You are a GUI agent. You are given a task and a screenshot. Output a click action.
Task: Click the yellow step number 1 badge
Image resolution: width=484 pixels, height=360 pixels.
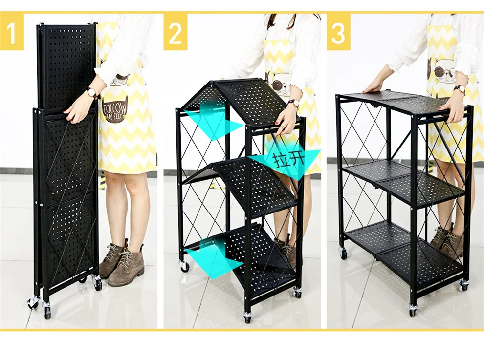point(12,32)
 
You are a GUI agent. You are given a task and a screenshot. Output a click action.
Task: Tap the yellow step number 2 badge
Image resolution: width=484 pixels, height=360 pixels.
point(176,32)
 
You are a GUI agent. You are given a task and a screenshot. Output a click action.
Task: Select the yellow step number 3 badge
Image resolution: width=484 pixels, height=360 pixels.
point(339,32)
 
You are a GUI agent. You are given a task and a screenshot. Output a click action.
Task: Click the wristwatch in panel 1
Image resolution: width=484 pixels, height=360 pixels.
point(92,92)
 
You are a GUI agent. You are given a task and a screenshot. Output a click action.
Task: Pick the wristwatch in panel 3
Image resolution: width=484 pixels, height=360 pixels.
point(460,89)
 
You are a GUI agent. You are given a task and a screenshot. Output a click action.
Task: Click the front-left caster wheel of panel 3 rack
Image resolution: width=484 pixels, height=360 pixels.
point(412,309)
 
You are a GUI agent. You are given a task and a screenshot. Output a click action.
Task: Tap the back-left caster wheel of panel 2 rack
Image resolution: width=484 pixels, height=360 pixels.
point(185,266)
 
